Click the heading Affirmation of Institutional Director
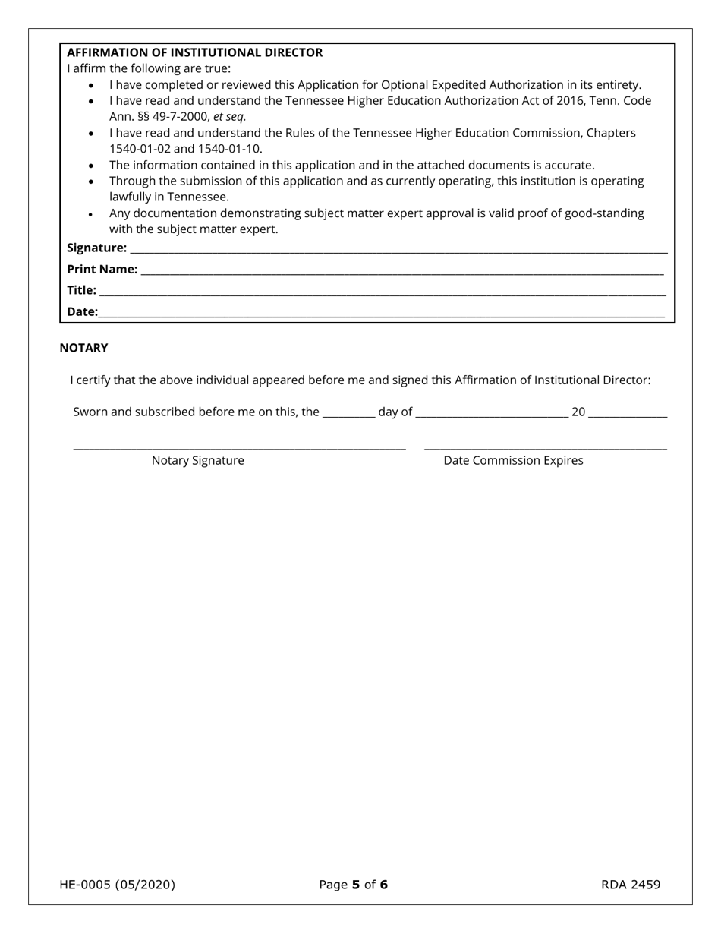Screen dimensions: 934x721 pos(194,52)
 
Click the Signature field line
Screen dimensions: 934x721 pos(398,251)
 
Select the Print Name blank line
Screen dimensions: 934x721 pos(402,272)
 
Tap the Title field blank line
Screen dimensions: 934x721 pos(383,293)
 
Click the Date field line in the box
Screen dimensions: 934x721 pos(382,314)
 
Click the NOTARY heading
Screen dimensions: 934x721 pos(83,348)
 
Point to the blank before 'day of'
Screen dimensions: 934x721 pos(348,415)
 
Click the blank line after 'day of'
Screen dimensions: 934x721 pos(492,415)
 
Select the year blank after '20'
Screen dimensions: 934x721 pos(628,415)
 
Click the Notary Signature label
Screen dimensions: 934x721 pos(197,460)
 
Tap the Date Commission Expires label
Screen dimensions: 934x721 pos(513,460)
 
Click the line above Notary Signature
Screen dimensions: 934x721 pos(239,450)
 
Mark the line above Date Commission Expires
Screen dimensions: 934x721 pos(545,450)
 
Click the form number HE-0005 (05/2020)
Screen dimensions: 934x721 pos(117,885)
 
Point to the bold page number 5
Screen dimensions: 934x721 pos(356,885)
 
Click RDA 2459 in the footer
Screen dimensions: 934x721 pos(631,885)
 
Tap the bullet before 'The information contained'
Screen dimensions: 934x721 pos(91,166)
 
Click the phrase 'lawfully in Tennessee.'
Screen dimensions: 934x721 pos(169,197)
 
